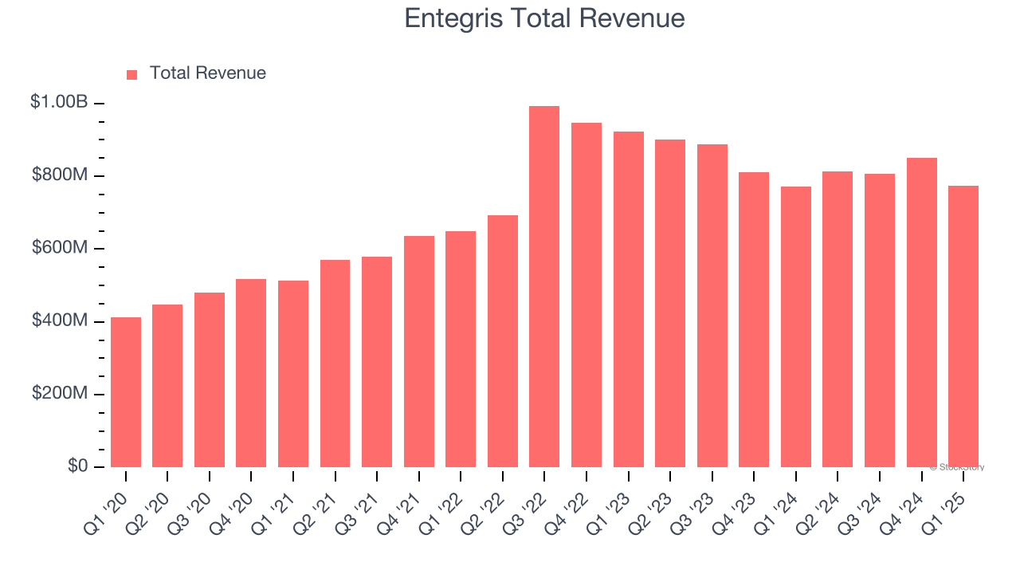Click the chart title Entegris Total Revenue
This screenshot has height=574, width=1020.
click(x=544, y=18)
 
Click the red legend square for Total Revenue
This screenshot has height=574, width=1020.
click(x=132, y=74)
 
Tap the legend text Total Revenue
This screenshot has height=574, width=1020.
click(x=207, y=73)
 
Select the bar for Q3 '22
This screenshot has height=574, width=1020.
click(x=544, y=287)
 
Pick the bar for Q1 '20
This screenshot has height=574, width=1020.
click(x=126, y=392)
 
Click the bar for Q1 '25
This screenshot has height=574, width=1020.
click(x=963, y=327)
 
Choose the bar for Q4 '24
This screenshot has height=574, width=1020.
click(x=921, y=313)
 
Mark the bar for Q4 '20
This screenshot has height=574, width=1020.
click(x=251, y=373)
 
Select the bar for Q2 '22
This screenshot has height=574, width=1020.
click(x=502, y=341)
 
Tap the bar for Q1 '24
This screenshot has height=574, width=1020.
click(x=795, y=327)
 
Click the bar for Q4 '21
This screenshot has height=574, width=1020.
click(x=418, y=352)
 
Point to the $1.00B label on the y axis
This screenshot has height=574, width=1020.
click(x=59, y=102)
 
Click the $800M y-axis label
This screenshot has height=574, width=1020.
click(x=60, y=175)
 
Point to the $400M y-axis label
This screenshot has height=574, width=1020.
click(x=60, y=320)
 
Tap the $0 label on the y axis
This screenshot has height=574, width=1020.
click(x=77, y=466)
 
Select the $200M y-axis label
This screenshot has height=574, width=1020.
click(x=60, y=393)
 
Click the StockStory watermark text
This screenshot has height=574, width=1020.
click(x=956, y=467)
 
